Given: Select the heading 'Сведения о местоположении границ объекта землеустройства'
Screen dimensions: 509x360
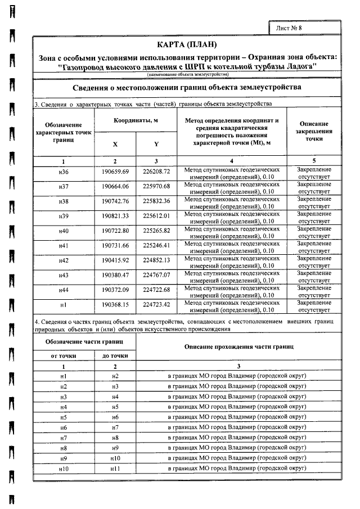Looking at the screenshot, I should tap(187, 88).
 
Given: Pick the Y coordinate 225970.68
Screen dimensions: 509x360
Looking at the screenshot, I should tap(156, 186).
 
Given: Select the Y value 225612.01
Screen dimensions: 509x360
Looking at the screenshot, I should tap(156, 216).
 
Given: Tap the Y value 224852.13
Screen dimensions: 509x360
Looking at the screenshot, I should tap(156, 260).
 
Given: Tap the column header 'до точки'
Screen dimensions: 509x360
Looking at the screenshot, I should tap(115, 355).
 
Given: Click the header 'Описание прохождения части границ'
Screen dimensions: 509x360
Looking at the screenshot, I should tap(238, 346).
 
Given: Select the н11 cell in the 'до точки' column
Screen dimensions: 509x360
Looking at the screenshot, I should tap(115, 468).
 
